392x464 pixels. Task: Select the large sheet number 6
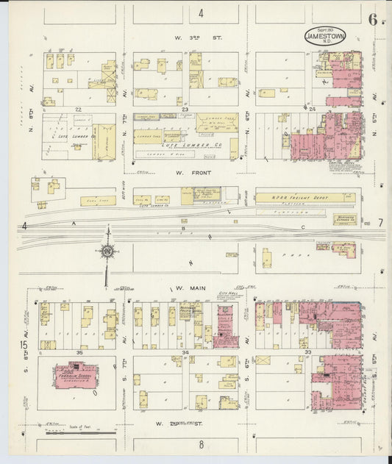(373, 20)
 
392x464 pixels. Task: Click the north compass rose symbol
(107, 251)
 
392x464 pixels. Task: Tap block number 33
(307, 353)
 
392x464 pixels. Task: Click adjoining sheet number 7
(379, 222)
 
